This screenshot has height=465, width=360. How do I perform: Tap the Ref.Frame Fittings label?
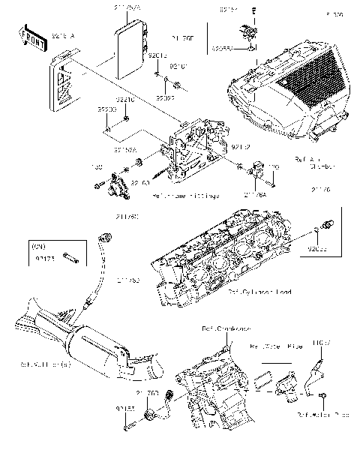pos(186,196)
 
